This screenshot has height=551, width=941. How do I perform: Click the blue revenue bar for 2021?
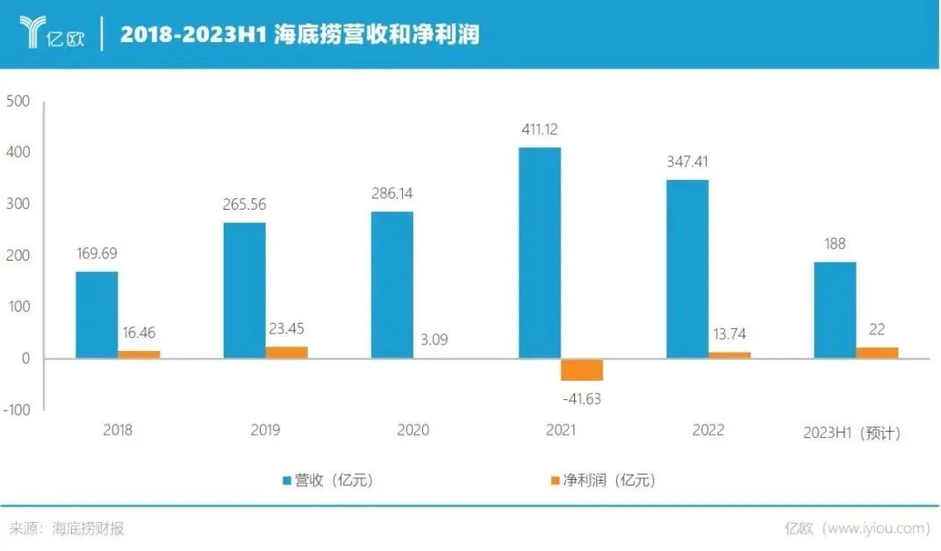pos(539,253)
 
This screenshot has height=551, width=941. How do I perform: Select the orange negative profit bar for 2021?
pos(582,369)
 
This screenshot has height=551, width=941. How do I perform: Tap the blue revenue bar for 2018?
pos(97,314)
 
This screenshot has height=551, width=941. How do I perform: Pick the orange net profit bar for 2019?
pos(287,352)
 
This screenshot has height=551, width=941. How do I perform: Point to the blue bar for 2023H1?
pos(835,310)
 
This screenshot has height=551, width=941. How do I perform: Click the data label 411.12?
pos(539,130)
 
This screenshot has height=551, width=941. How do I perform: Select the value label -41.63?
pos(581,398)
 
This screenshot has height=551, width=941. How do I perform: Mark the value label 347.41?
pos(687,161)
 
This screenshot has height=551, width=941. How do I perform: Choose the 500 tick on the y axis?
pos(18,102)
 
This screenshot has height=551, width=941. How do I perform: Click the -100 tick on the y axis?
pos(16,410)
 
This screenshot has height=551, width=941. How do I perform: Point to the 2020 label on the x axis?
pos(413,431)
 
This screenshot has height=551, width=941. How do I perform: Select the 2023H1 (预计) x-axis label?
pos(851,433)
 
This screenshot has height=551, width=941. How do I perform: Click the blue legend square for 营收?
pos(286,481)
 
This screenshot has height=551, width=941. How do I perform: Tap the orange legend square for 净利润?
pos(555,481)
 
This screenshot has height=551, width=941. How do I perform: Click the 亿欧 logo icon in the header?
pos(33,33)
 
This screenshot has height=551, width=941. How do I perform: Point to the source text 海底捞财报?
pos(88,528)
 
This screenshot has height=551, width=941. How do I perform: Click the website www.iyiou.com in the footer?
pos(878,528)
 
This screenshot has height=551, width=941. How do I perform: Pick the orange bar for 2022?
pos(729,354)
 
